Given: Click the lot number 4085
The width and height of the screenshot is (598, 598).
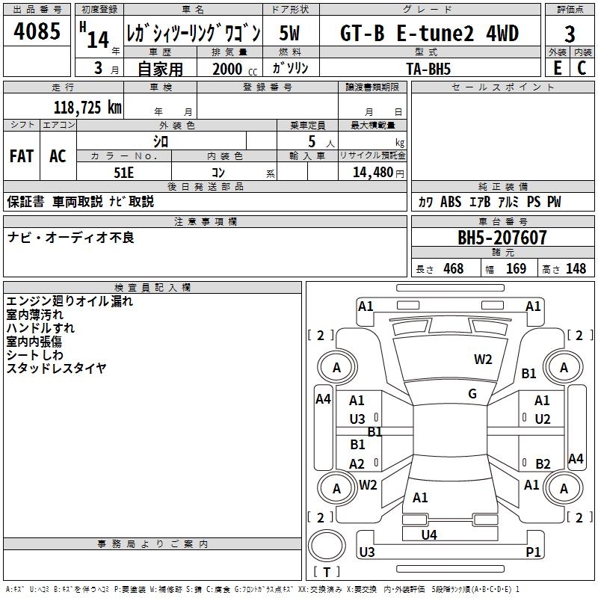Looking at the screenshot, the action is coord(37,34).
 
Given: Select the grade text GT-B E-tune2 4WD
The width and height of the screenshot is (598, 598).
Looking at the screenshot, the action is coord(429,34).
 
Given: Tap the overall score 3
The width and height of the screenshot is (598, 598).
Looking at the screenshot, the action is coord(570,34).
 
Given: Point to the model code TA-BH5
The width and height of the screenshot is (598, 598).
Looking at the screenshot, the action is coord(429,68).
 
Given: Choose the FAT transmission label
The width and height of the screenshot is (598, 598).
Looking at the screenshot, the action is coord(21,156).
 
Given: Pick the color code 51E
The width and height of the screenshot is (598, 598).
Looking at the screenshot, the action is coord(124,172).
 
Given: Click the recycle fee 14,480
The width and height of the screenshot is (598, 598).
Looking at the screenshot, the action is coord(372,172).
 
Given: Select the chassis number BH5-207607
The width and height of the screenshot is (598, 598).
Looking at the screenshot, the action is coord(502,238).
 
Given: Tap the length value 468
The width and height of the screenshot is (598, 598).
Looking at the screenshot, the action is coord(453,269).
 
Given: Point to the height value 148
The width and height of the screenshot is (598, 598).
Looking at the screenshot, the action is coord(576,269).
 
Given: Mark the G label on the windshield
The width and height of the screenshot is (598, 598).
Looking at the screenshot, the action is coord(472,394).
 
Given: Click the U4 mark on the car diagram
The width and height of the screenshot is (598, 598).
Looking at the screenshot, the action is coord(429,534).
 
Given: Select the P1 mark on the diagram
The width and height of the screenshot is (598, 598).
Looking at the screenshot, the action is coord(533,552).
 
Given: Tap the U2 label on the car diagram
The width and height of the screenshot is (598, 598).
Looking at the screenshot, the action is coord(543,419).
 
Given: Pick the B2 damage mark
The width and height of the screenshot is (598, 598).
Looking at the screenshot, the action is coord(543,463).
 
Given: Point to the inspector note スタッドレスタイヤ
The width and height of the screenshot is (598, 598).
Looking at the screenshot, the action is coord(57,368).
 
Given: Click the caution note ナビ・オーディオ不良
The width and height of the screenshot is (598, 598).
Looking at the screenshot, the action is coord(71,238).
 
